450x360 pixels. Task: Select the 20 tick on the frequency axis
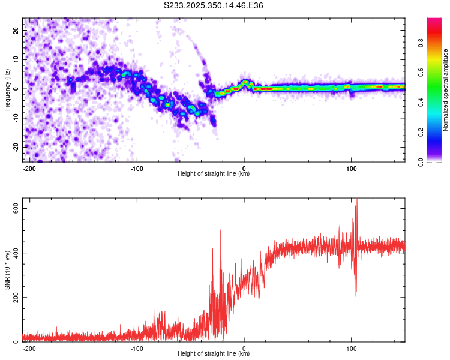(x=16, y=30)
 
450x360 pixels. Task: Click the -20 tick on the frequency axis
(x=14, y=147)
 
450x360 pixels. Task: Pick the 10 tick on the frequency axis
(x=16, y=59)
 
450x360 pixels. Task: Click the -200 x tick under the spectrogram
(x=30, y=168)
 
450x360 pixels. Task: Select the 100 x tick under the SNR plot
(x=351, y=348)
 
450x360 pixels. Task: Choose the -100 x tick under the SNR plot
(x=137, y=348)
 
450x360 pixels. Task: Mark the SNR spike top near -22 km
(x=220, y=230)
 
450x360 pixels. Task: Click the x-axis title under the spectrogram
(x=214, y=174)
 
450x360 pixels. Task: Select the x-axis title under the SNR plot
(x=214, y=354)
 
